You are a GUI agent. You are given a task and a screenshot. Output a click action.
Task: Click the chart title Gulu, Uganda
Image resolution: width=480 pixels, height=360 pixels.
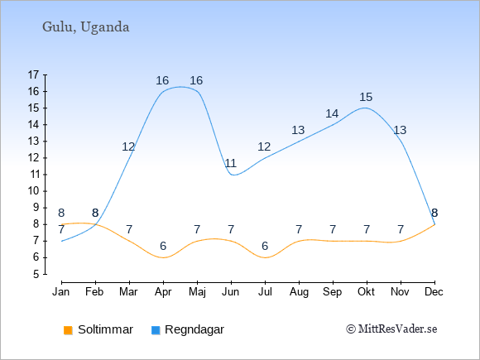click(x=86, y=27)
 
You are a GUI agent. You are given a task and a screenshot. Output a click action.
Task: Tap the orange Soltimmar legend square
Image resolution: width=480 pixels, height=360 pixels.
click(x=68, y=330)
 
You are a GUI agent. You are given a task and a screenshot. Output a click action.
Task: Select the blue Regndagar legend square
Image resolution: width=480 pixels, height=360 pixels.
click(x=156, y=330)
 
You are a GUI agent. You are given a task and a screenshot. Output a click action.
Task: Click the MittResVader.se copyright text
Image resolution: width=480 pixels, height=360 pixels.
click(x=391, y=329)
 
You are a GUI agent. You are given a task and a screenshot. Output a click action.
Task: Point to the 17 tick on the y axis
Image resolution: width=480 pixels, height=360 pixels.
click(x=33, y=74)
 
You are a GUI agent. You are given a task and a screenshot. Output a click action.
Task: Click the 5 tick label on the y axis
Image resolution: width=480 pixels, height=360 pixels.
click(x=36, y=274)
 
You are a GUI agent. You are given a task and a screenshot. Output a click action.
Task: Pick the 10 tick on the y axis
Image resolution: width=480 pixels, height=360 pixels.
click(x=33, y=191)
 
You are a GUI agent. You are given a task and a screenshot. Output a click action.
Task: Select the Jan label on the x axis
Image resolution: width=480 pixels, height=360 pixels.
click(x=61, y=292)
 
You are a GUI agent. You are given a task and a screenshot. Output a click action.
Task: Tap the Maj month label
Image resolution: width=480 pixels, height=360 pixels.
click(x=197, y=292)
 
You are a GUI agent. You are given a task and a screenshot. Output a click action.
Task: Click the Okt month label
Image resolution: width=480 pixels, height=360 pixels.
click(x=366, y=292)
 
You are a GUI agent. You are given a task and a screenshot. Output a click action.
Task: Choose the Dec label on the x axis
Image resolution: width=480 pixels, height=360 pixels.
click(x=434, y=292)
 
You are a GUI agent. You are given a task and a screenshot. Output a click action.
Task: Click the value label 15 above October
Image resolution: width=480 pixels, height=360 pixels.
click(x=366, y=98)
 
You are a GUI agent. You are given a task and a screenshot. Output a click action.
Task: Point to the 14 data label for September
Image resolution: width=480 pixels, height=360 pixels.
click(x=332, y=114)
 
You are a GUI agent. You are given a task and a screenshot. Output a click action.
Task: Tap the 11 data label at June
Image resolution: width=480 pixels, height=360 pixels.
click(x=231, y=164)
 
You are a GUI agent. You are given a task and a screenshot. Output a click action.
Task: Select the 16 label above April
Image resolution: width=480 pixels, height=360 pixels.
click(x=162, y=81)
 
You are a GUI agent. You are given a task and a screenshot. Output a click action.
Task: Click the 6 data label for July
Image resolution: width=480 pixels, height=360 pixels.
click(x=265, y=246)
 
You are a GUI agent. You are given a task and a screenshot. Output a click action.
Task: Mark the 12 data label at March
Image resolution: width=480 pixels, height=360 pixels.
click(x=128, y=147)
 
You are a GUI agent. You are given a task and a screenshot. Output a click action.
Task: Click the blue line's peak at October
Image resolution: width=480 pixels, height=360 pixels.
click(x=365, y=108)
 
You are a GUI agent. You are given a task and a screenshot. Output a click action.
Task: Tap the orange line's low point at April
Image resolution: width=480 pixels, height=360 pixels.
click(x=164, y=257)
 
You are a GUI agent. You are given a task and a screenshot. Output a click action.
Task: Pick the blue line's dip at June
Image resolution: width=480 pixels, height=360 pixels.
click(x=234, y=175)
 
